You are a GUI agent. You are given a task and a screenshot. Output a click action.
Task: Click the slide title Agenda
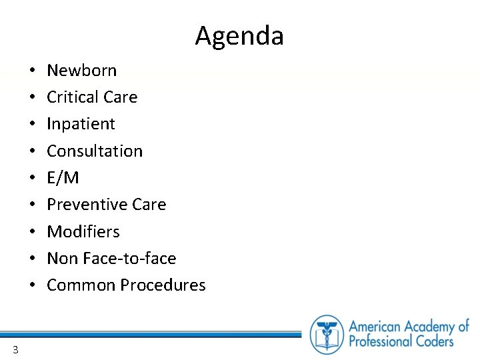tap(239, 36)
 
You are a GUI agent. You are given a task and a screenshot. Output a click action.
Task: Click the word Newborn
tap(82, 71)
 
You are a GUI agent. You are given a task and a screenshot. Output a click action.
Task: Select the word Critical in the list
tap(71, 97)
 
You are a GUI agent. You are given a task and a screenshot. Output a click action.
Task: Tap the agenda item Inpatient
tap(81, 124)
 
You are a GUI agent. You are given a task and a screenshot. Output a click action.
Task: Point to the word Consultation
tap(95, 151)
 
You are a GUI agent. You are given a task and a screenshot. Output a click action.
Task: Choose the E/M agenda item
tap(63, 178)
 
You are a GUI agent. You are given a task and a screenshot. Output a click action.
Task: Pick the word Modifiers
tap(83, 232)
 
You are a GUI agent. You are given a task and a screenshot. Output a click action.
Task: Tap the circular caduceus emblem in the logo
tap(327, 334)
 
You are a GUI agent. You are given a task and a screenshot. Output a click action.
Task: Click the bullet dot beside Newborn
tap(32, 71)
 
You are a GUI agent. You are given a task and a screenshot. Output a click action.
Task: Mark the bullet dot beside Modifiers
tap(32, 232)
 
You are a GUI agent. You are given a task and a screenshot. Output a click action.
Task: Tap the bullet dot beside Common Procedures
tap(32, 285)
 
